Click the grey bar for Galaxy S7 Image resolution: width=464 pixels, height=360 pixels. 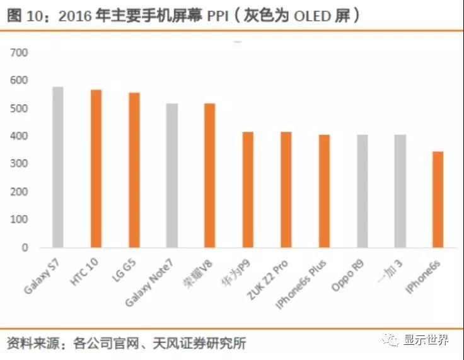pos(58,167)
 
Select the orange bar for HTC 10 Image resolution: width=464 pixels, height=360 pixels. pos(96,168)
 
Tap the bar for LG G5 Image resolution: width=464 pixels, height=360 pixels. pos(134,170)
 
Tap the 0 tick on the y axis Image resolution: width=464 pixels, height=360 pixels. pos(25,248)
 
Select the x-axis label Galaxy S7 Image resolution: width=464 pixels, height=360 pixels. pos(43,276)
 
